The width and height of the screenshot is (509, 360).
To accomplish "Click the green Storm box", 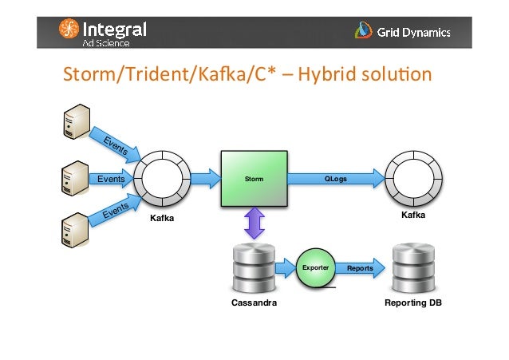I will point(254,180).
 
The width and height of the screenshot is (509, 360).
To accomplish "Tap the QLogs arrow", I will point(336,180).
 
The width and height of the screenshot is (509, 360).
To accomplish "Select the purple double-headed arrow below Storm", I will point(254,224).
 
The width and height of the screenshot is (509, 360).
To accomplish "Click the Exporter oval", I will point(314,268).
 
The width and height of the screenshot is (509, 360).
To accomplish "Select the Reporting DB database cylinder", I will point(412,268).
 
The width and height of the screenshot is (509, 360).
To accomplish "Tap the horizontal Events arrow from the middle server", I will point(112,180).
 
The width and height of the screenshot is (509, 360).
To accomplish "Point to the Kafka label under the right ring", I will point(412,216).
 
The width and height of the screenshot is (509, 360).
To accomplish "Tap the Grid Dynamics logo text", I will point(415,33).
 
